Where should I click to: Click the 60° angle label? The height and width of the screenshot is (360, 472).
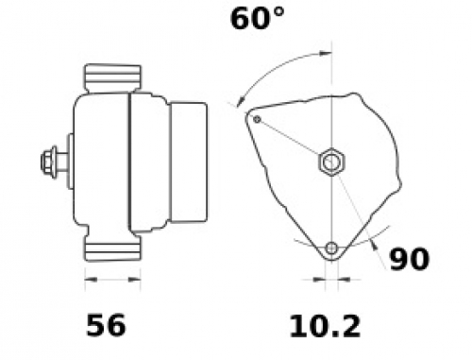pos(258,19)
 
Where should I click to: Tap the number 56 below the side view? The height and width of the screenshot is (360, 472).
pos(106,325)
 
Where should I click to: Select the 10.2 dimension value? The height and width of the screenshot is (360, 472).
pos(325,327)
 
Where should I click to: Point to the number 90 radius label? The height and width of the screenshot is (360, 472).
pos(409,259)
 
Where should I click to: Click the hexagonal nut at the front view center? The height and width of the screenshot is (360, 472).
pos(331,162)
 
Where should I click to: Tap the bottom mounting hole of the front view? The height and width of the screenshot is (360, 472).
pos(331,249)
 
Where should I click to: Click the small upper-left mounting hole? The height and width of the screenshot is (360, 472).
pos(257,119)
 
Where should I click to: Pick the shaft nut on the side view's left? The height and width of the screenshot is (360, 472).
pos(49,163)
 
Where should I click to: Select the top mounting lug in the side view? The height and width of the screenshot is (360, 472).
pos(112,78)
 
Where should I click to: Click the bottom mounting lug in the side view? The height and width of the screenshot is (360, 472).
pos(112,249)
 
